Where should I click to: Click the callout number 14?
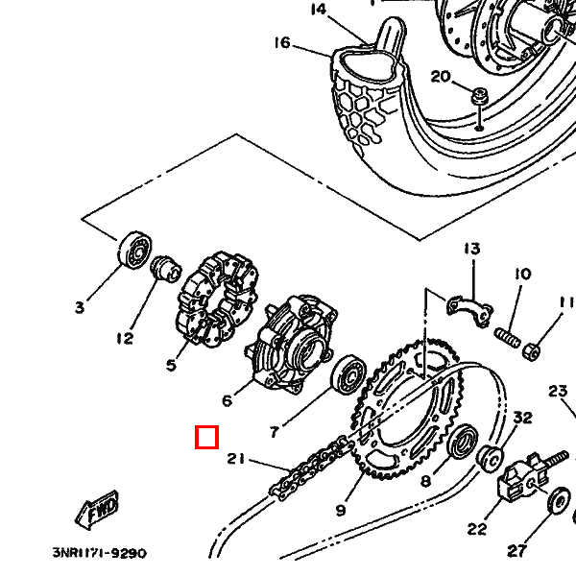coord(319,10)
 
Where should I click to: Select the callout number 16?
coord(281,42)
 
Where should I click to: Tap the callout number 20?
coord(440,77)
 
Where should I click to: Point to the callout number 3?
coord(80,307)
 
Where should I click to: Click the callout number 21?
coord(236,459)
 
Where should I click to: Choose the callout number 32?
coord(522,418)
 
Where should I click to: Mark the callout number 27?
coord(517,550)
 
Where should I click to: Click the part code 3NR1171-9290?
coord(99,553)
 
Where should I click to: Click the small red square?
coord(206,438)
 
